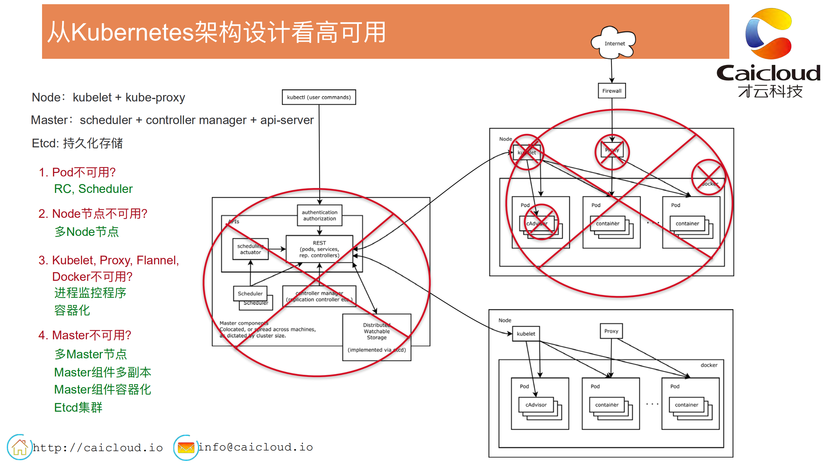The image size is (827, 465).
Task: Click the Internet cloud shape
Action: coord(614,43)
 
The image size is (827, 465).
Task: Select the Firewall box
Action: coord(611,91)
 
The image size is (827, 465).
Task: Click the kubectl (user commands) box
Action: coord(319,97)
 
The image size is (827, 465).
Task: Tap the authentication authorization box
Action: coord(319,216)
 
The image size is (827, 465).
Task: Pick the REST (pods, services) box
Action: coord(319,249)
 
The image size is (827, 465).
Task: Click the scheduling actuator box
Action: coord(250,249)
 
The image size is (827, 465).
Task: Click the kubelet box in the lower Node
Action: coord(526,334)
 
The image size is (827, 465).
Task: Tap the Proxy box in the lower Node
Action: coord(611,331)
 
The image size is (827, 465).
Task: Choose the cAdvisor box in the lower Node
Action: coord(536,405)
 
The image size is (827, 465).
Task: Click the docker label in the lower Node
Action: coord(709,365)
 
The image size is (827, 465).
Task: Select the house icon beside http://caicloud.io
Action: coord(19,447)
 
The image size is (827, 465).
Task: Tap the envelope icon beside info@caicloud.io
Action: coord(186,448)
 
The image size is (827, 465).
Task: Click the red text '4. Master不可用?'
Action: coord(85,335)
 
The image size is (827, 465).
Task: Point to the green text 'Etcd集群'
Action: coord(78,407)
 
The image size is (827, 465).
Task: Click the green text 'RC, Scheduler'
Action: coord(93,189)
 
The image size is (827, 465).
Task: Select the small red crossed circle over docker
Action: coord(708,177)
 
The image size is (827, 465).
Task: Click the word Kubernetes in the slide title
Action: coord(132,32)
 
